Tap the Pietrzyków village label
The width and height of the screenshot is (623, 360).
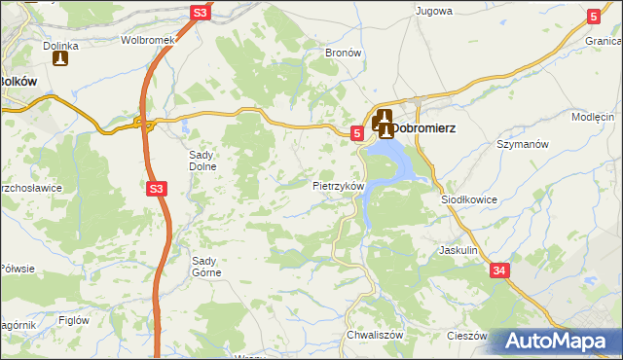point(339,185)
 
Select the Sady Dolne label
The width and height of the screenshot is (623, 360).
point(202,160)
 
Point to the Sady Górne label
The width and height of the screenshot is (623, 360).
point(206,266)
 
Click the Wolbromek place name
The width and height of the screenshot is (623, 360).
point(146,41)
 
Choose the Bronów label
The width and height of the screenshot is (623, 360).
point(343,53)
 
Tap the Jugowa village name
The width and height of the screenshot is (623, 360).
point(434,11)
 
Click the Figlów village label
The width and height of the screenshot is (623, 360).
point(74,320)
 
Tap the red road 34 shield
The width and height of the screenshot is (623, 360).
point(499,270)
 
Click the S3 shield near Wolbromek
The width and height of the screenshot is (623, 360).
point(200,13)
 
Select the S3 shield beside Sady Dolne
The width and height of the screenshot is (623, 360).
point(156,190)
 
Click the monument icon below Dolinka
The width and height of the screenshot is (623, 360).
point(60,60)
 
